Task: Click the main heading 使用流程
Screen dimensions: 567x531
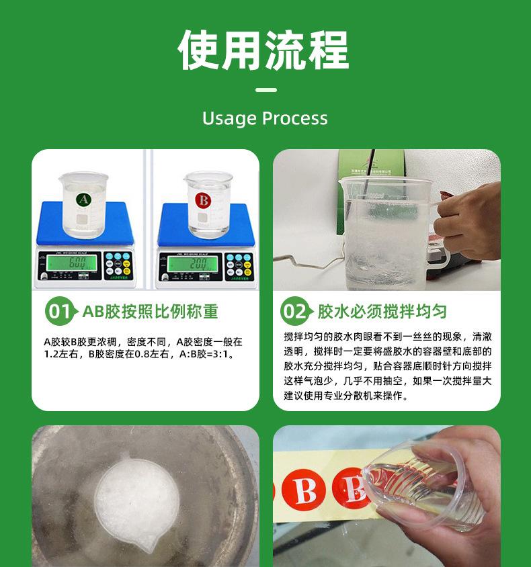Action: [264, 50]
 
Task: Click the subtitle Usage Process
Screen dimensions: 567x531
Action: [265, 119]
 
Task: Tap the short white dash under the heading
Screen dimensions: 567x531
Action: [266, 90]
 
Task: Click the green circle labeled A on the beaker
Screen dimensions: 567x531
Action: [83, 200]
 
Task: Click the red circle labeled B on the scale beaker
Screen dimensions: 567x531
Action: [202, 200]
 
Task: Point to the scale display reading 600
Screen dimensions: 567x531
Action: [69, 262]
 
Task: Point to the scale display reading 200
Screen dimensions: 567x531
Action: [189, 262]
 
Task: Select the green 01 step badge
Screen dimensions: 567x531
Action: [60, 312]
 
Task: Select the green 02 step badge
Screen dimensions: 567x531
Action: [294, 312]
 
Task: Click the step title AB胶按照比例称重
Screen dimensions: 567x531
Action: [150, 312]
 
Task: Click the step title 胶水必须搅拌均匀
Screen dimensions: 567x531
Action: [382, 312]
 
